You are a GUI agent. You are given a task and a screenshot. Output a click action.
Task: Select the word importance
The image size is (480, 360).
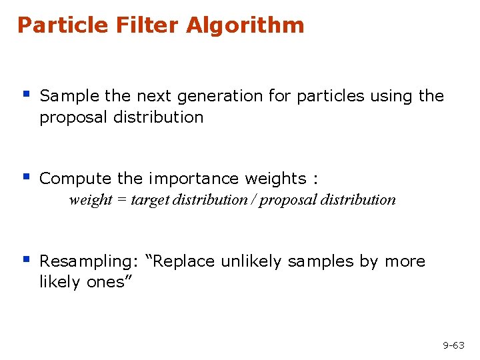tap(194, 179)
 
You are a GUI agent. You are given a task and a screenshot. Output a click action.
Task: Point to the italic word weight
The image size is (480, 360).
tap(91, 200)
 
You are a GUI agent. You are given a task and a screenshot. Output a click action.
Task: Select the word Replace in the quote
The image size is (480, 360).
tap(186, 261)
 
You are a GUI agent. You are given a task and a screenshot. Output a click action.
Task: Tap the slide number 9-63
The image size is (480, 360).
tap(453, 345)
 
